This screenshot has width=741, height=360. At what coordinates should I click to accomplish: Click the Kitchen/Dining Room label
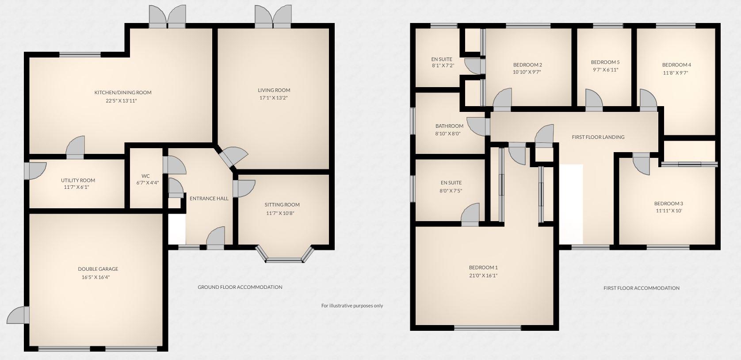(x=123, y=92)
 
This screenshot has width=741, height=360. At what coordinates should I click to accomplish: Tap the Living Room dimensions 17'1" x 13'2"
(x=274, y=98)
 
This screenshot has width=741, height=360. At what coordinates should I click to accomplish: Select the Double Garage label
(x=98, y=269)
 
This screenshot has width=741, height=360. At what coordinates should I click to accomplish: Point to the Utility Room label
(x=78, y=180)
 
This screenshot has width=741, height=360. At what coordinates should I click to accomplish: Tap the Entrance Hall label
(x=209, y=198)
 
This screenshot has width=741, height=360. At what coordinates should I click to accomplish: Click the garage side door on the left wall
(x=20, y=314)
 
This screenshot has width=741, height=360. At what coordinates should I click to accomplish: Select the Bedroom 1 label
(x=483, y=267)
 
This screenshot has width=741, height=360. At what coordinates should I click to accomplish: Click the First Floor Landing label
(x=598, y=137)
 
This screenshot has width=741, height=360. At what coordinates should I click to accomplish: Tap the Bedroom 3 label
(x=668, y=203)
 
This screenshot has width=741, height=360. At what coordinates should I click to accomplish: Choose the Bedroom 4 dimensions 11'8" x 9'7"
(x=676, y=73)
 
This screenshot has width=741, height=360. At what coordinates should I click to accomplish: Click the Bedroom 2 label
(x=527, y=65)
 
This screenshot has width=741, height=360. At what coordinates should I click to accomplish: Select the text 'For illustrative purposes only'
(x=352, y=306)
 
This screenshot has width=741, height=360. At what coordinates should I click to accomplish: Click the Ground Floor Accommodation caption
(x=240, y=287)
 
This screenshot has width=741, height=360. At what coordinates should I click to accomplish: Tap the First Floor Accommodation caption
(x=641, y=288)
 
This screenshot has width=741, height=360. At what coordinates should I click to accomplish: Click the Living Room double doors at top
(x=273, y=18)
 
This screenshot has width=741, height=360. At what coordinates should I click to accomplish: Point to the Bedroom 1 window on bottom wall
(x=487, y=328)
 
